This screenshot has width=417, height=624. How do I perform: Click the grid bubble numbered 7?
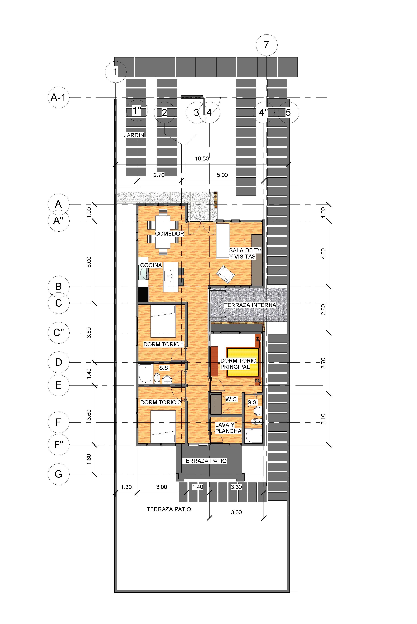[x=266, y=45]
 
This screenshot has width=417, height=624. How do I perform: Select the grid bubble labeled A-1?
[x=59, y=97]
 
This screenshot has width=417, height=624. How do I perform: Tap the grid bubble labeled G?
[x=59, y=474]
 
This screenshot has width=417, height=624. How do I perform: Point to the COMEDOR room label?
[x=169, y=234]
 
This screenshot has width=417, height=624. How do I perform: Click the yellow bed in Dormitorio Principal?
[x=243, y=362]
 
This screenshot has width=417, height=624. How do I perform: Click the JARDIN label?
[x=134, y=135]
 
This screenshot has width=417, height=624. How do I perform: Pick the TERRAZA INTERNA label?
[x=250, y=305]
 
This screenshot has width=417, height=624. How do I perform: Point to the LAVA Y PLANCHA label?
[x=228, y=428]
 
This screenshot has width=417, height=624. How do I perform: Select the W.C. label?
[x=232, y=399]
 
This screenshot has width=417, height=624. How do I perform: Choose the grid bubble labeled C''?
[x=59, y=333]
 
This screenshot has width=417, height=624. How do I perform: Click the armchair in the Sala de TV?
[x=226, y=274]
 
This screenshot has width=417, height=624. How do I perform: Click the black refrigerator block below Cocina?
[x=143, y=295]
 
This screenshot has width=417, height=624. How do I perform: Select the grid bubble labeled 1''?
[x=137, y=111]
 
